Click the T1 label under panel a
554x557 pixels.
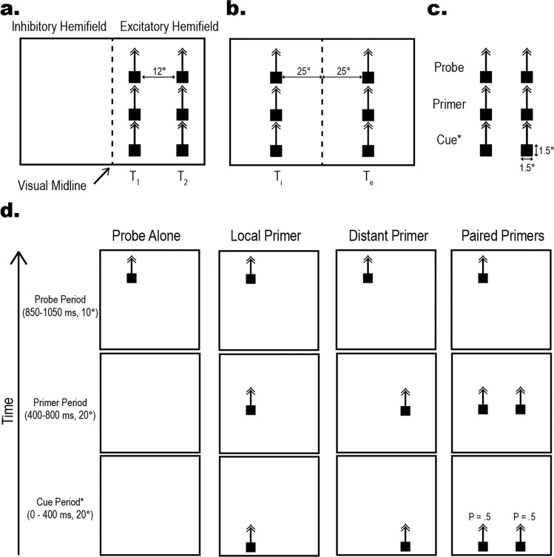tap(134, 178)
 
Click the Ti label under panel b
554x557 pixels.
tap(276, 178)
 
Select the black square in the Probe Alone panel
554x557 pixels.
tap(132, 278)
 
